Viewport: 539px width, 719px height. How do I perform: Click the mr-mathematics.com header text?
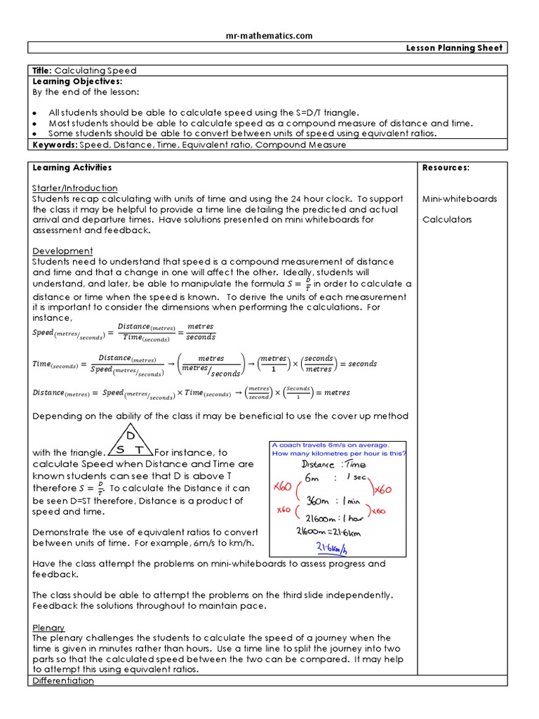(x=269, y=35)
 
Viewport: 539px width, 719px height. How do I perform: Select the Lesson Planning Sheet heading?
(x=465, y=48)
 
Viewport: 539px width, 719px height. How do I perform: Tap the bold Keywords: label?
(x=55, y=145)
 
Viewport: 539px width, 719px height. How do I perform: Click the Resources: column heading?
(x=446, y=168)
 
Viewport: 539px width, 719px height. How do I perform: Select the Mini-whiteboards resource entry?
(x=459, y=199)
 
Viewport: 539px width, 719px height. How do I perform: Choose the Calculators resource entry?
(x=446, y=220)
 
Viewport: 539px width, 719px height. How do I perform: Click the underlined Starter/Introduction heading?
(x=75, y=188)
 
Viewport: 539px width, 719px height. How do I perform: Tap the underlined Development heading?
(x=62, y=251)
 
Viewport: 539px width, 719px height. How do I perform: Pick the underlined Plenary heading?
(x=48, y=627)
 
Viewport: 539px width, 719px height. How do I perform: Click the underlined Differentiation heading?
(x=63, y=680)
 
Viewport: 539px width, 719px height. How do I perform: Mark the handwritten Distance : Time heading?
(x=333, y=464)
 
